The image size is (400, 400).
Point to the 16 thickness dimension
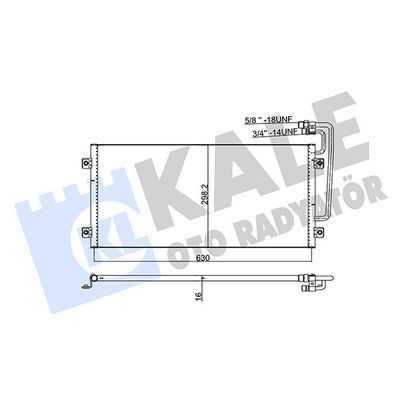(199, 295)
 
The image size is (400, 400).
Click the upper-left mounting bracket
(86, 163)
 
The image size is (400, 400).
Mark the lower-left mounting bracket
(86, 231)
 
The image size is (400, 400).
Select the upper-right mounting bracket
(320, 163)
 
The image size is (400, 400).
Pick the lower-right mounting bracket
(320, 231)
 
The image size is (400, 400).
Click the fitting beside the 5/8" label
(307, 124)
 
